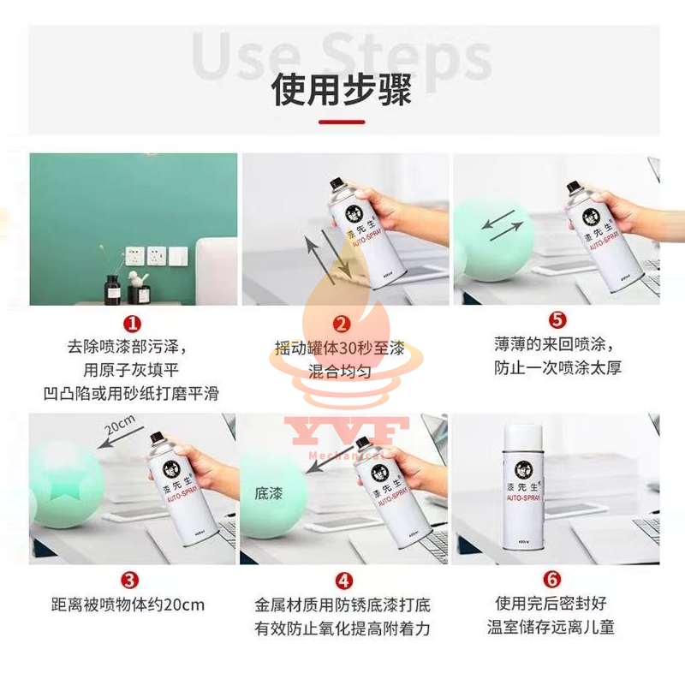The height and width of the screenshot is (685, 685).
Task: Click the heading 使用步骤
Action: pyautogui.click(x=342, y=89)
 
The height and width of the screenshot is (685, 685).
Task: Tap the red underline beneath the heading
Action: pyautogui.click(x=342, y=122)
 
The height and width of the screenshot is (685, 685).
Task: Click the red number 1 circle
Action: pyautogui.click(x=132, y=323)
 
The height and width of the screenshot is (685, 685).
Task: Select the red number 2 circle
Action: pyautogui.click(x=342, y=323)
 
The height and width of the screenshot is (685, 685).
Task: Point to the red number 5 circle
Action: pyautogui.click(x=557, y=320)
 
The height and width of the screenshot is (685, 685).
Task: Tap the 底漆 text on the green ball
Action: pyautogui.click(x=268, y=494)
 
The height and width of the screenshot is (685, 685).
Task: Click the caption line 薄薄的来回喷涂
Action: pyautogui.click(x=557, y=345)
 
